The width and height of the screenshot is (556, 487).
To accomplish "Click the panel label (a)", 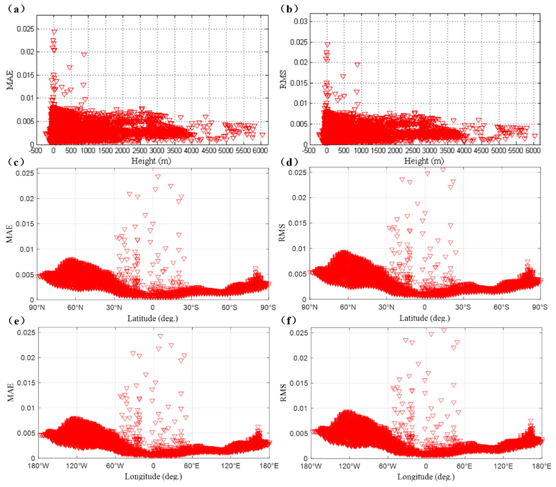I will point(16,9).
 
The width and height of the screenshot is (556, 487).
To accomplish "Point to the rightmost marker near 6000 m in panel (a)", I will point(262,135).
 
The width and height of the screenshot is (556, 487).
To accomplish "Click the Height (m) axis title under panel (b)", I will point(424,161).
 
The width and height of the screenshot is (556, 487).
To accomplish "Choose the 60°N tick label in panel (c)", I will point(75,308).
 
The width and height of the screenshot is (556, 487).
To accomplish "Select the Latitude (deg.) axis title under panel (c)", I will point(153,318).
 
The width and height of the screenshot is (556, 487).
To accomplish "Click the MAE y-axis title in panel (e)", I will point(10,392).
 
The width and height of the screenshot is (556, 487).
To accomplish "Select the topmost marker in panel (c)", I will point(158,177).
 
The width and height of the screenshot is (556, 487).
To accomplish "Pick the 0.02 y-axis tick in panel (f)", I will point(301,358).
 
